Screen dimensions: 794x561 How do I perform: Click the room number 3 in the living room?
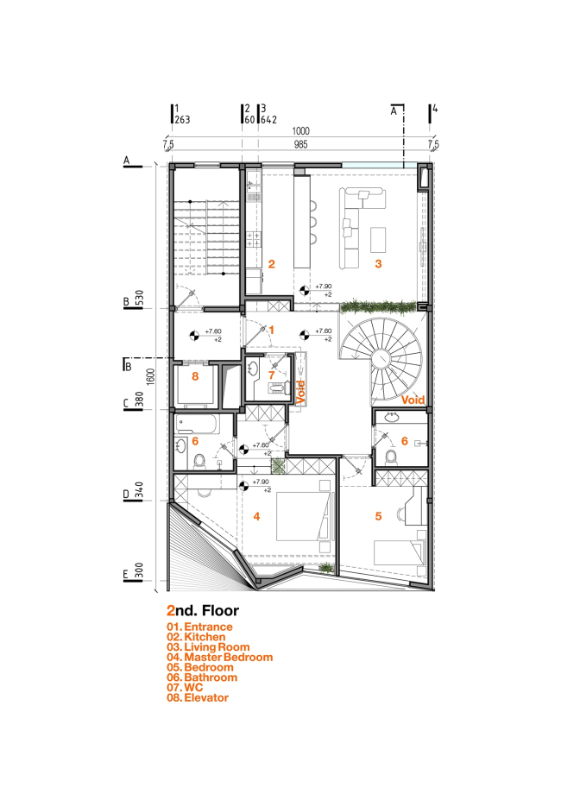click(x=377, y=264)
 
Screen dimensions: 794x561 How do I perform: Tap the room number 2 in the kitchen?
click(x=271, y=264)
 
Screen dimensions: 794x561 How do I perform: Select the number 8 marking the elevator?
click(x=194, y=376)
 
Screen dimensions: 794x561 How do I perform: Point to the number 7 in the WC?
click(x=271, y=375)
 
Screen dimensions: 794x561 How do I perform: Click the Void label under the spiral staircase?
click(x=414, y=400)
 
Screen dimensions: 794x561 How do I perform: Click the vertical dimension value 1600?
click(x=151, y=377)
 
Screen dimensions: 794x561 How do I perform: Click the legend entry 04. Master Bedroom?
click(x=220, y=658)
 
